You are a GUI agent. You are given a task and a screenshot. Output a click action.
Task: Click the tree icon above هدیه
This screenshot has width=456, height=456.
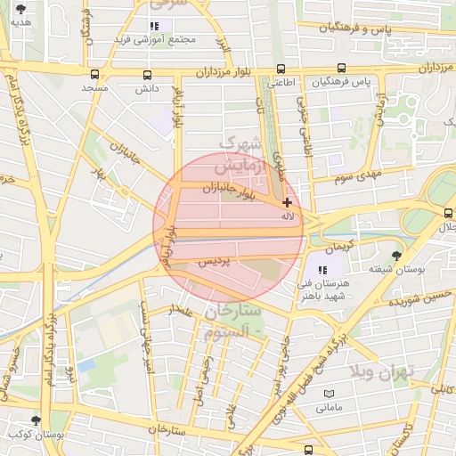(x=20, y=9)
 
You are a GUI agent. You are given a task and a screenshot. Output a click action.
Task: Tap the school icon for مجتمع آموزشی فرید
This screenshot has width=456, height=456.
(x=154, y=27)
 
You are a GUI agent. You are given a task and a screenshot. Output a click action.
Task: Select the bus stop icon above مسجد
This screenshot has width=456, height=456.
(x=94, y=74)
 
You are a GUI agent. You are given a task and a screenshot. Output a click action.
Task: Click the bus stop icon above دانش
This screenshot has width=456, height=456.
(x=146, y=74)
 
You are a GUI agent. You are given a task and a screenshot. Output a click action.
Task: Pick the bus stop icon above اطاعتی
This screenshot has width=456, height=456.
(x=281, y=69)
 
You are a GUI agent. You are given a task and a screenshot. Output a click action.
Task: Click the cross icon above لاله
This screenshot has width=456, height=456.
(x=287, y=203)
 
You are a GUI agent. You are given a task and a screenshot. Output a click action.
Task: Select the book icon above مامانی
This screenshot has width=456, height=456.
(x=329, y=393)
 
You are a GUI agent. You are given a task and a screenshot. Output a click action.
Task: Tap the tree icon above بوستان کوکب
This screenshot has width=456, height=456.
(x=36, y=419)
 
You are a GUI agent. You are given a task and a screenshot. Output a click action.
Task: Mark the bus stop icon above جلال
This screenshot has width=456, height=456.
(x=449, y=212)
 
